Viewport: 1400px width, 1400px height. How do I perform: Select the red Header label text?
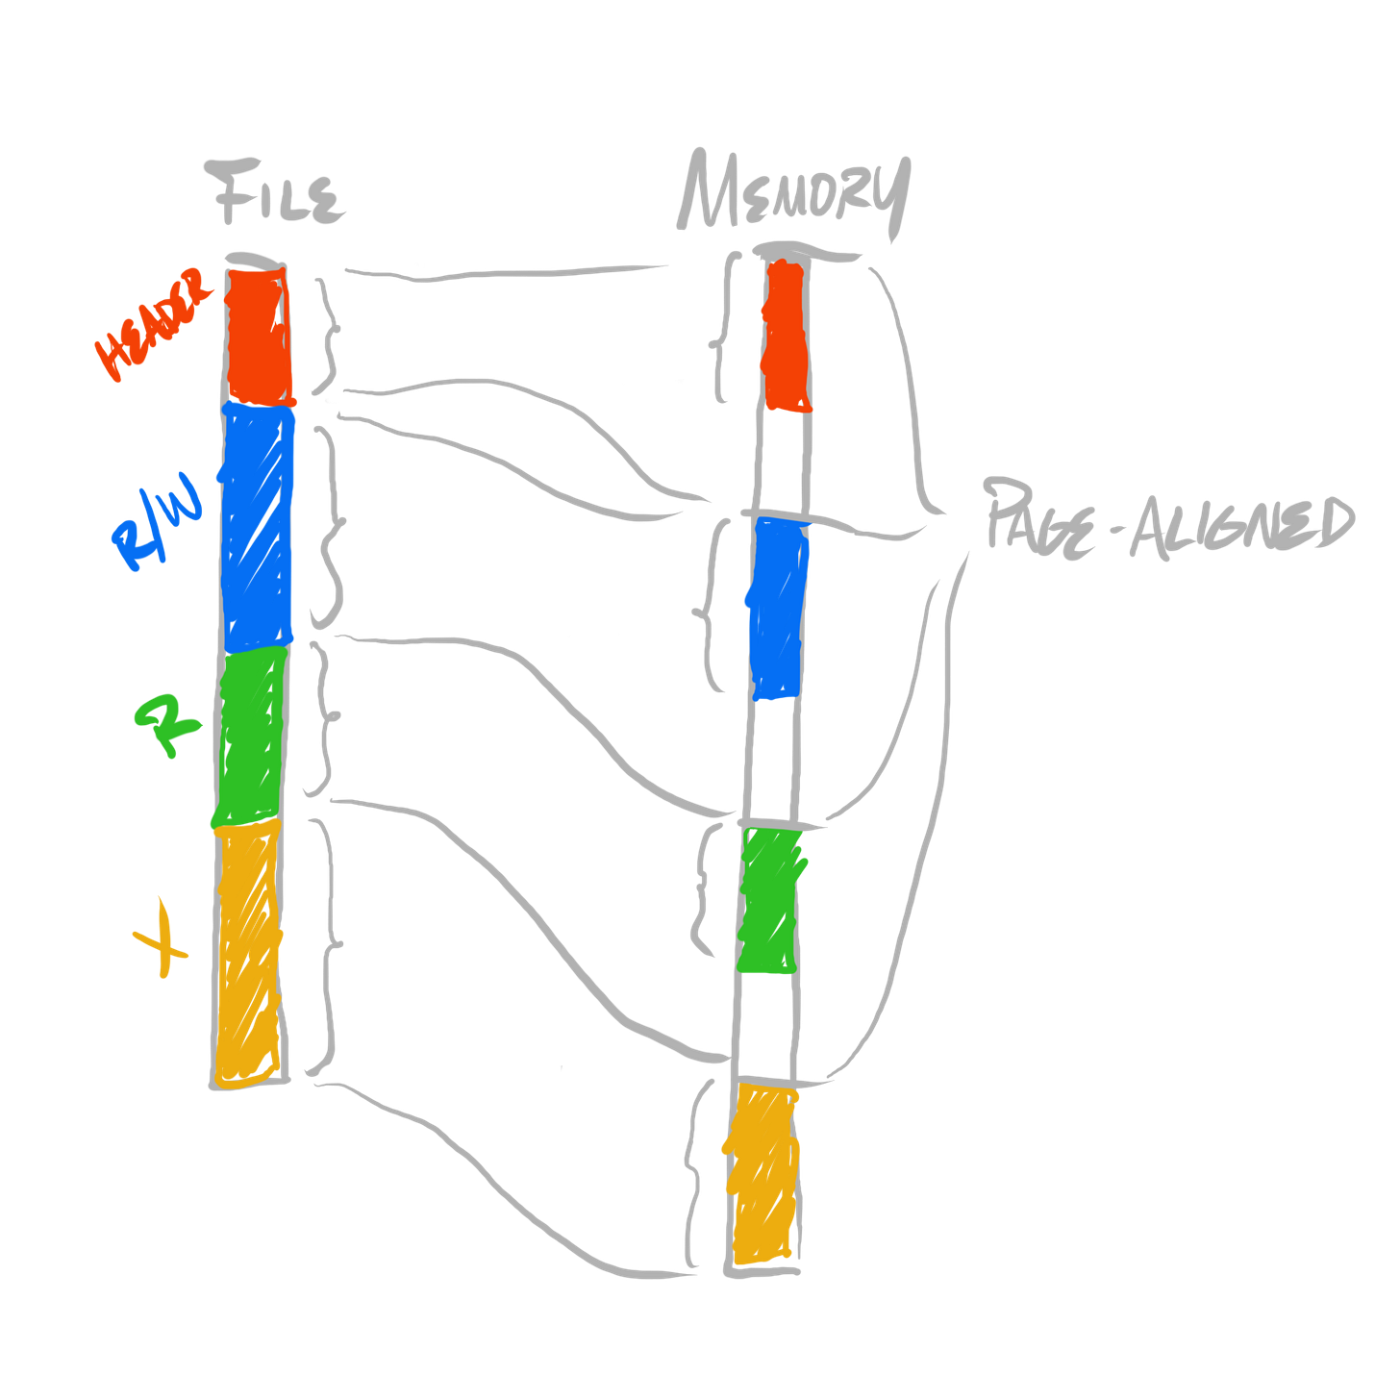coord(152,325)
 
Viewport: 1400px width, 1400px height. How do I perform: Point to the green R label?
coord(169,726)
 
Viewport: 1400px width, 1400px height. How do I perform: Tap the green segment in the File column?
coord(250,736)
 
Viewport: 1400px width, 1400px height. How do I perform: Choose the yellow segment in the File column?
coord(248,952)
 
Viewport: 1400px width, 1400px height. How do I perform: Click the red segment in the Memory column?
coord(786,337)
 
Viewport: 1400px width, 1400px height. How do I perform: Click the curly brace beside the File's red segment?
coord(330,332)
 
